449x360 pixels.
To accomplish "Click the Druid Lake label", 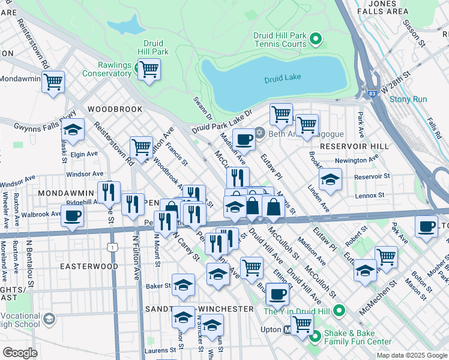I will click(x=282, y=78).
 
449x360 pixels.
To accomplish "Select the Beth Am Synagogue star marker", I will click(x=259, y=132).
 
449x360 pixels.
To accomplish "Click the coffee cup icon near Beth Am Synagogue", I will click(x=244, y=139).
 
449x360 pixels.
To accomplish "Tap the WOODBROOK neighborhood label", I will click(x=115, y=109).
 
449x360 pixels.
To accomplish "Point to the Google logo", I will click(x=20, y=353).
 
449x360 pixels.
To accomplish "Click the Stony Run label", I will click(x=408, y=100).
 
